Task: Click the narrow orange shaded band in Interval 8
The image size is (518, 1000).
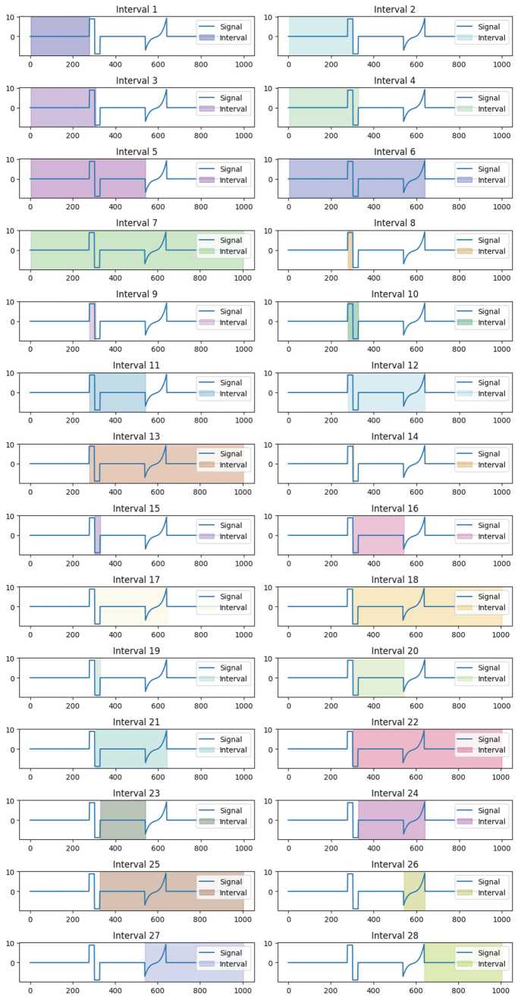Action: (350, 250)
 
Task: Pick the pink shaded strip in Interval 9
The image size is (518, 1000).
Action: (93, 322)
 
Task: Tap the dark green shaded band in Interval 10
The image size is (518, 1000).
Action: (353, 322)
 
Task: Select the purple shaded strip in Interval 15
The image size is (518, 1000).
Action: (97, 535)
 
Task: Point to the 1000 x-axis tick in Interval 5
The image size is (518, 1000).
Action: (243, 207)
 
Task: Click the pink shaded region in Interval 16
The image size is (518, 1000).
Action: (378, 535)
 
